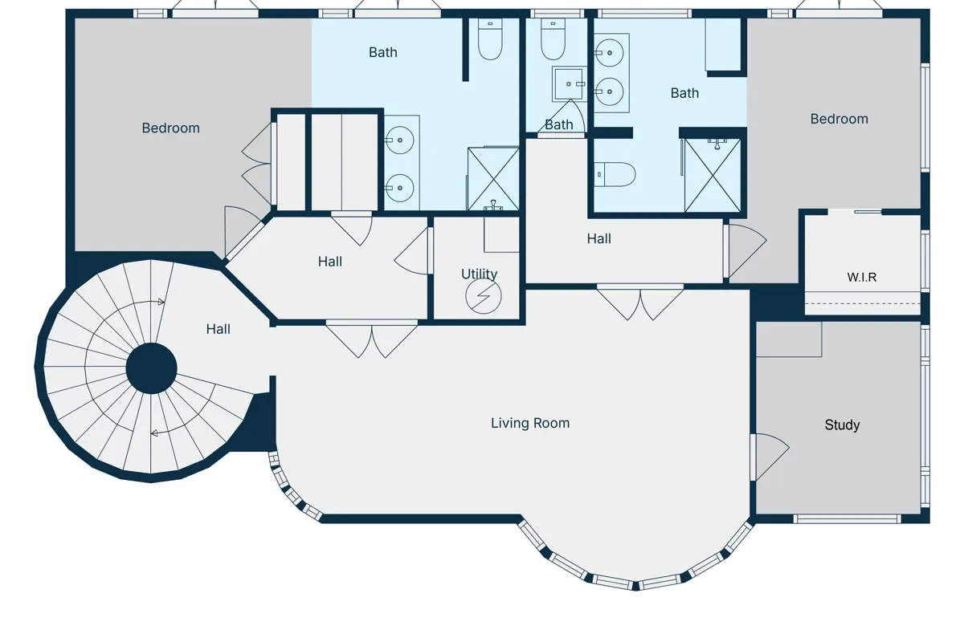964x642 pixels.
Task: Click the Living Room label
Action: (x=530, y=423)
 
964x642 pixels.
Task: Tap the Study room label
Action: (x=842, y=425)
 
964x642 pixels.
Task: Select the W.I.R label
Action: (x=862, y=278)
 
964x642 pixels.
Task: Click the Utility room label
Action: (x=479, y=274)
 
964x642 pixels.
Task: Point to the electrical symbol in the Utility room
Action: (x=484, y=296)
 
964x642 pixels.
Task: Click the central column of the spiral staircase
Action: (x=152, y=368)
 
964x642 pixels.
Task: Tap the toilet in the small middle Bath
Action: (x=553, y=39)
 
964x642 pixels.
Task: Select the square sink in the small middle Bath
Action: (x=570, y=83)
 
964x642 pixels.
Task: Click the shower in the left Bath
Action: (x=493, y=179)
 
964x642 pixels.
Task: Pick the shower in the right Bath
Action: (x=713, y=176)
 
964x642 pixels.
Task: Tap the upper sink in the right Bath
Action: (x=610, y=53)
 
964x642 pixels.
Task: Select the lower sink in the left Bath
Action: (x=400, y=188)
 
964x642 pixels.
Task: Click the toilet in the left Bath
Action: (x=490, y=39)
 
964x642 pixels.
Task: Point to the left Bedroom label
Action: (x=171, y=128)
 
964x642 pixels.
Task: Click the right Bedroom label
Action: (x=839, y=119)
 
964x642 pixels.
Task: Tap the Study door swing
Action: (x=773, y=457)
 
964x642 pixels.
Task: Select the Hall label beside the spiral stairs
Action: (x=219, y=329)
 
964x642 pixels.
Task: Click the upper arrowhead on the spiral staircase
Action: (x=161, y=302)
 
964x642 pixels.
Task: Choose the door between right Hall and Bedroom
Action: (x=747, y=250)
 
